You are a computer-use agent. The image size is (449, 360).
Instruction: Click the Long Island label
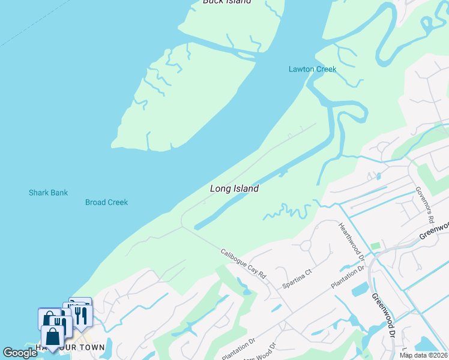234,188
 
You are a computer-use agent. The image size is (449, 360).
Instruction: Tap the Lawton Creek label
312,69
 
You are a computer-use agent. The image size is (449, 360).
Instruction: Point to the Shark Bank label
48,193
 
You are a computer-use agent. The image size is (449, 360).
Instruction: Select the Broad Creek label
106,202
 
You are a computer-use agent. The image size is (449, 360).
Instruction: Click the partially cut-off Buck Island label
226,2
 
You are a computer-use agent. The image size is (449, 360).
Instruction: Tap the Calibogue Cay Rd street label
243,263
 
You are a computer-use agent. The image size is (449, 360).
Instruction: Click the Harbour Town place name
70,347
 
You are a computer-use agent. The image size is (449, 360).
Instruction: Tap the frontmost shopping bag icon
53,336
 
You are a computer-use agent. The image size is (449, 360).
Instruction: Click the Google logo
20,352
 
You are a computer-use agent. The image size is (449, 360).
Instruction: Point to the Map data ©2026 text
423,355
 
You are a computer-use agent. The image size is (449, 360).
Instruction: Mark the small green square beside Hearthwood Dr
376,246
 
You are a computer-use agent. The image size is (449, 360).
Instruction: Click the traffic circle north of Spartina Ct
306,245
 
